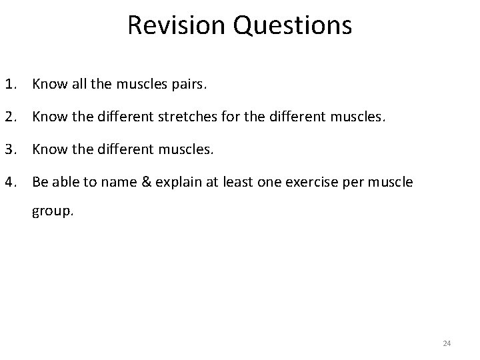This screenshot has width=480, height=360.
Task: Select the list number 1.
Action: (x=10, y=85)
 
